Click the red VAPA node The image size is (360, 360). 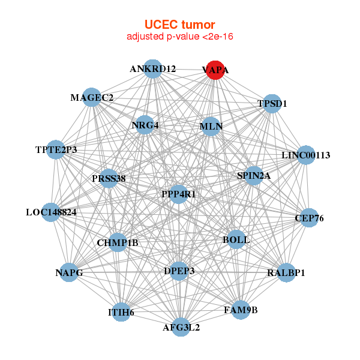[x=215, y=70]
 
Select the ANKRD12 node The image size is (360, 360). [x=153, y=68]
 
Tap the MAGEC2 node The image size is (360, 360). [x=92, y=97]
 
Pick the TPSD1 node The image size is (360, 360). [x=272, y=103]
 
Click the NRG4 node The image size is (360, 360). [x=145, y=125]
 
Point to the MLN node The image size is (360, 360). [x=211, y=127]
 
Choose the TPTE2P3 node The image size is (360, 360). [x=56, y=150]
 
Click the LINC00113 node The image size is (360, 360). [x=306, y=155]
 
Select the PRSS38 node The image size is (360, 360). [x=109, y=178]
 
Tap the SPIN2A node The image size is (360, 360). [x=254, y=176]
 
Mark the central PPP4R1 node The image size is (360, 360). [x=179, y=194]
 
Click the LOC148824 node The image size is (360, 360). [x=51, y=212]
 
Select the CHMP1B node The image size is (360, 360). [x=118, y=242]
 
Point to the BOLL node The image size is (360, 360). [x=236, y=239]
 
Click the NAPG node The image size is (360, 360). [x=69, y=273]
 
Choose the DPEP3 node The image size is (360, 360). [x=179, y=271]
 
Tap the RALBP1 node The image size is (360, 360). [x=286, y=273]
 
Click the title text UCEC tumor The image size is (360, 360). [x=179, y=25]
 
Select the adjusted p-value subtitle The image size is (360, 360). [x=179, y=37]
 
